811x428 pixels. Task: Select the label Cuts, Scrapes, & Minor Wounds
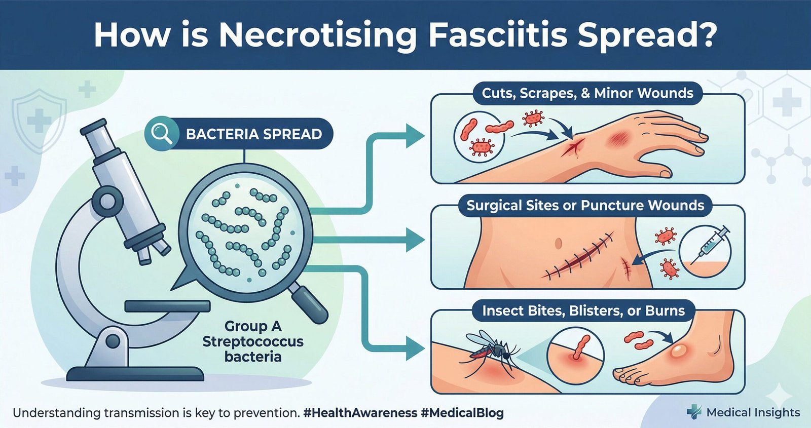point(587,93)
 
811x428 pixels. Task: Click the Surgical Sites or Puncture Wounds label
point(585,205)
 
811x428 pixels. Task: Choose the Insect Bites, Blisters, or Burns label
point(583,310)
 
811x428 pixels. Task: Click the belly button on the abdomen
point(558,243)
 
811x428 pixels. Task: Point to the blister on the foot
point(679,352)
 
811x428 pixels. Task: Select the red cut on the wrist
point(571,147)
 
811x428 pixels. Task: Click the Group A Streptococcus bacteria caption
point(253,341)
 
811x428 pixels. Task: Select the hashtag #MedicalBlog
point(462,413)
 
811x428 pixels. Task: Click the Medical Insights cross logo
point(693,412)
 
